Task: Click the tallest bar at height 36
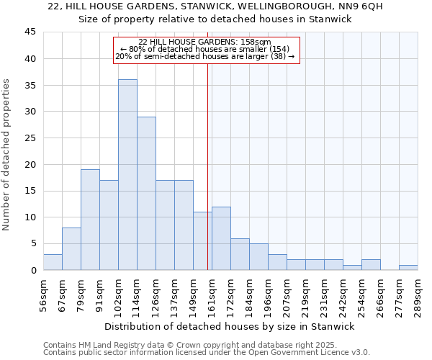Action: [x=127, y=175]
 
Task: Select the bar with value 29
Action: [x=146, y=193]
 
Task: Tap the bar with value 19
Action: [x=90, y=220]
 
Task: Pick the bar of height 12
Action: [x=221, y=238]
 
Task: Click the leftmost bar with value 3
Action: [x=53, y=262]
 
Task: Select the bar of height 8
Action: [x=71, y=249]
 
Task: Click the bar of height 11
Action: [x=202, y=241]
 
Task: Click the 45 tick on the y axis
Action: [x=30, y=32]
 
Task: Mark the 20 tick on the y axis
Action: [x=30, y=164]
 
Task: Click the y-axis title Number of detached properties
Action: [x=8, y=155]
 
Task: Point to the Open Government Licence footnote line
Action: [x=207, y=353]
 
